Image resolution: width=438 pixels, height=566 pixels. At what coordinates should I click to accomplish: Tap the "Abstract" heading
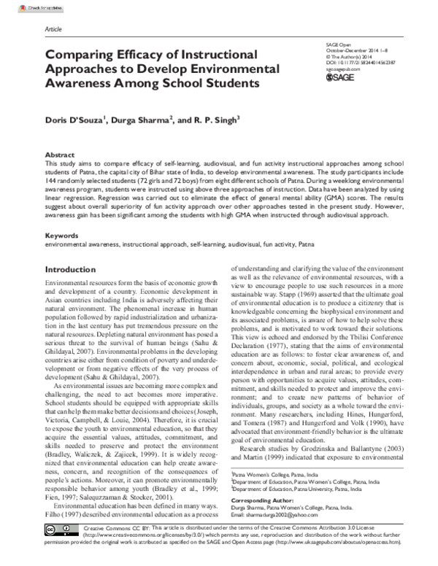point(60,156)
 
